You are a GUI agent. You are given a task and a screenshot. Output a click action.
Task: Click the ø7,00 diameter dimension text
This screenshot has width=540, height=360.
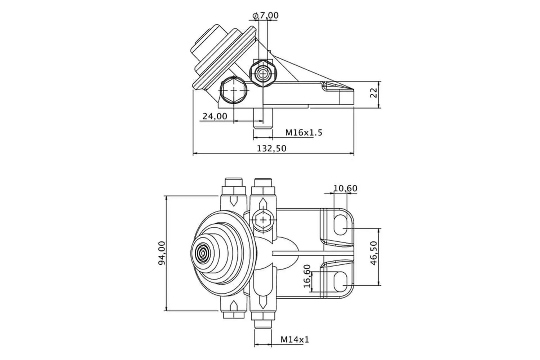click(266, 15)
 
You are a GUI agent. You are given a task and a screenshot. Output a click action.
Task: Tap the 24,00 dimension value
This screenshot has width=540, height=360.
click(215, 116)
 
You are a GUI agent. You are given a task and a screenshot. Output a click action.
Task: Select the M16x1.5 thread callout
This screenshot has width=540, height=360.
click(304, 132)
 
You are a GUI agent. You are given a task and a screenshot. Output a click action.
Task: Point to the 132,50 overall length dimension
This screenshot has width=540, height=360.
click(271, 148)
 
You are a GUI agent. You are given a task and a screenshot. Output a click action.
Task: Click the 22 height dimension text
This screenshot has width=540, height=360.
click(373, 93)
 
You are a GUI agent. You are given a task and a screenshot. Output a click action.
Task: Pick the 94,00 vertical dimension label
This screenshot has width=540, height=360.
click(162, 253)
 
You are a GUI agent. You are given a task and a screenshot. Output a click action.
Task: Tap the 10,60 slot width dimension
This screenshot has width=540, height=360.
click(345, 188)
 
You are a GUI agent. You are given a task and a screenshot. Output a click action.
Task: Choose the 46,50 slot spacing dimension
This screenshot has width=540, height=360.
click(373, 253)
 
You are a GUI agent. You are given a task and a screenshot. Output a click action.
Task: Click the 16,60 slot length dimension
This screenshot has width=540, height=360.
click(307, 276)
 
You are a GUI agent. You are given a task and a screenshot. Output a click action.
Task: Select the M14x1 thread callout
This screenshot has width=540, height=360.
click(294, 339)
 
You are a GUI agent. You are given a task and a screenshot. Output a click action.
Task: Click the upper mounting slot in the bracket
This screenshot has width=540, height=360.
click(341, 225)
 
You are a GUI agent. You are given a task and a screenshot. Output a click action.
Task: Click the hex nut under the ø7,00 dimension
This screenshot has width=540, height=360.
click(263, 74)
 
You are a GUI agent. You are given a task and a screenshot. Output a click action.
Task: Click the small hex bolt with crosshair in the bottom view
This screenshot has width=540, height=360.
click(263, 219)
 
